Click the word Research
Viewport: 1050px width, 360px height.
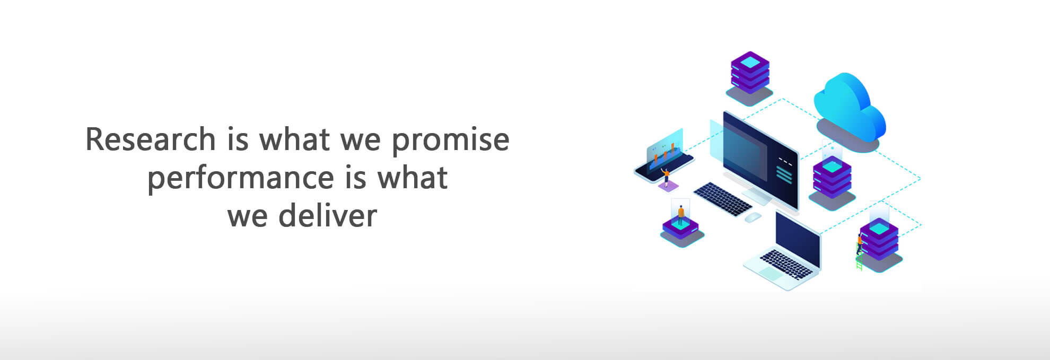tap(150, 139)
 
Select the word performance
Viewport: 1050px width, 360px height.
tap(241, 179)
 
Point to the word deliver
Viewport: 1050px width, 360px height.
tap(327, 215)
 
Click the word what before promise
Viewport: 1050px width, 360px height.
tap(294, 139)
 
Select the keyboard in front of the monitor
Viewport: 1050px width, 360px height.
tap(722, 199)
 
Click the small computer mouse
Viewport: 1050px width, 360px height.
tap(753, 217)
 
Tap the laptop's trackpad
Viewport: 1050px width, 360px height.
tap(771, 274)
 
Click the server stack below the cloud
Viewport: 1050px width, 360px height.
tap(832, 177)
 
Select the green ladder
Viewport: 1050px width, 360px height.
tap(859, 260)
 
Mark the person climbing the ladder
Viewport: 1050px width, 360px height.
tap(859, 244)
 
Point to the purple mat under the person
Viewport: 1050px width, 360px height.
tap(668, 186)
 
